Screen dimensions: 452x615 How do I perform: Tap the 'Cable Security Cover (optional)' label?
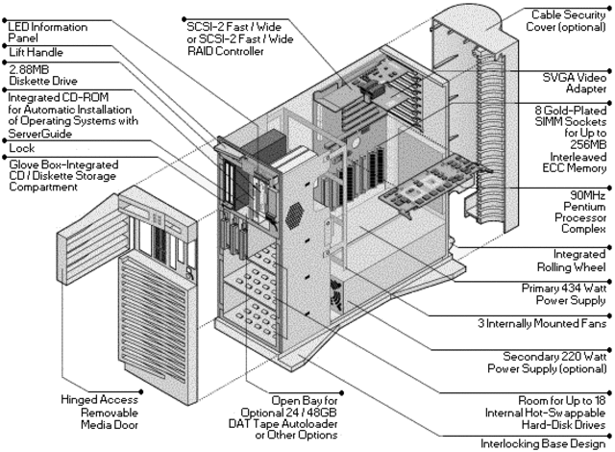click(x=568, y=20)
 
